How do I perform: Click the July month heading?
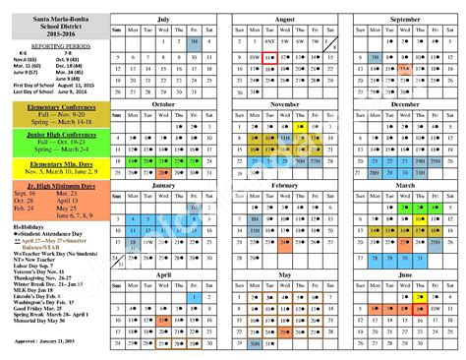pos(164,18)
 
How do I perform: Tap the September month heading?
pos(406,18)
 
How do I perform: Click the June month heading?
pos(406,274)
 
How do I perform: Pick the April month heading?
pos(164,274)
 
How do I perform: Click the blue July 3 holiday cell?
pos(196,42)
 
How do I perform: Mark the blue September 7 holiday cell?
pos(376,57)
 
